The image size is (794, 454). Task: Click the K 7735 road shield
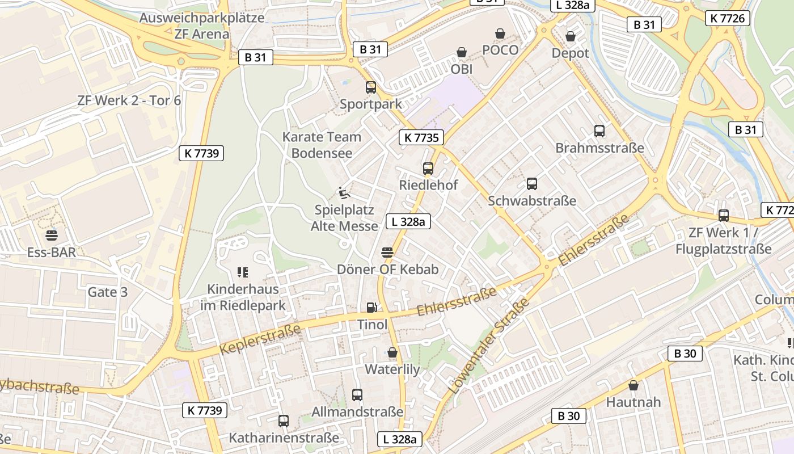click(x=421, y=137)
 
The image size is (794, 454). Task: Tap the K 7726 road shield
click(x=728, y=18)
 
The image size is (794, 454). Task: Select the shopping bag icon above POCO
click(x=500, y=33)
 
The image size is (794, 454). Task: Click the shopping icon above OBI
click(x=462, y=53)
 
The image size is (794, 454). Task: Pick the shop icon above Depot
click(x=571, y=36)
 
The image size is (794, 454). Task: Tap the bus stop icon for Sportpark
click(x=370, y=87)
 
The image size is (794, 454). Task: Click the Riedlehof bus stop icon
click(x=428, y=169)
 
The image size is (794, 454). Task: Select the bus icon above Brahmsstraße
click(x=599, y=131)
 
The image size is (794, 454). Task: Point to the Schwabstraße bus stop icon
click(x=531, y=184)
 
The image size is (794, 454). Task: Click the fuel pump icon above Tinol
click(x=371, y=308)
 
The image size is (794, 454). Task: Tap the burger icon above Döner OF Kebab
click(x=387, y=252)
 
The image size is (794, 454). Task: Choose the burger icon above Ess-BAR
click(x=52, y=235)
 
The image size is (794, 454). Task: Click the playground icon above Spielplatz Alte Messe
click(x=344, y=193)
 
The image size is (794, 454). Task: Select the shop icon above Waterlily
click(x=392, y=353)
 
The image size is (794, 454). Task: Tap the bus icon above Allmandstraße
click(x=357, y=395)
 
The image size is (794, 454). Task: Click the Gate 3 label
click(x=107, y=292)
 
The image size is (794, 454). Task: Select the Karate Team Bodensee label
click(x=322, y=145)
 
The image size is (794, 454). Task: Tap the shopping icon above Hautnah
click(x=633, y=385)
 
